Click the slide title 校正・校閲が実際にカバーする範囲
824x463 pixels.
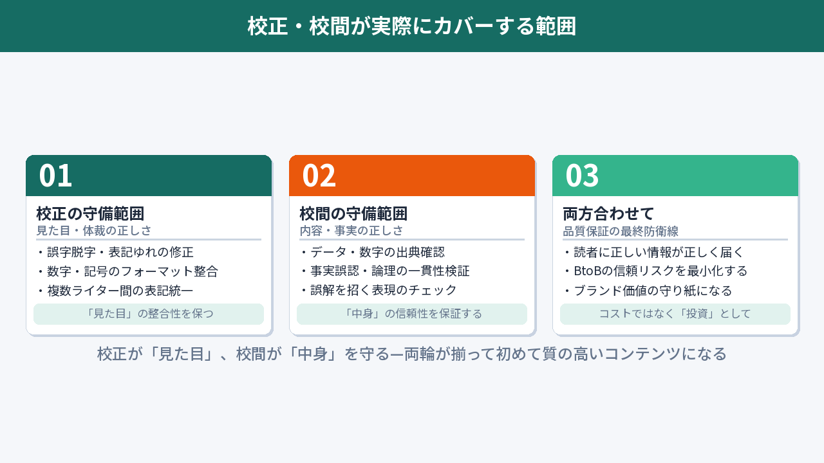point(412,26)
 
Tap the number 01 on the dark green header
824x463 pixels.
point(55,176)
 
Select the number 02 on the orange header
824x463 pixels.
point(319,176)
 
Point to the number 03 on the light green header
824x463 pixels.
point(582,176)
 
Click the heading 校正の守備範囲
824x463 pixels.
point(90,213)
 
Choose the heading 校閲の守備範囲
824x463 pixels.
point(353,213)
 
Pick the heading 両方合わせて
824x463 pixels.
point(608,213)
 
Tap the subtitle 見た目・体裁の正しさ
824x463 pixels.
point(94,231)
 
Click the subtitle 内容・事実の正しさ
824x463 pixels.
point(351,231)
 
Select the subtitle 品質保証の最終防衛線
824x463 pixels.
point(621,231)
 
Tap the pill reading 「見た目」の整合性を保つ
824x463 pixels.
point(149,314)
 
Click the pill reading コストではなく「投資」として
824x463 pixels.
point(675,314)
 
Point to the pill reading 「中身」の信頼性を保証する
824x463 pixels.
point(412,314)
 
